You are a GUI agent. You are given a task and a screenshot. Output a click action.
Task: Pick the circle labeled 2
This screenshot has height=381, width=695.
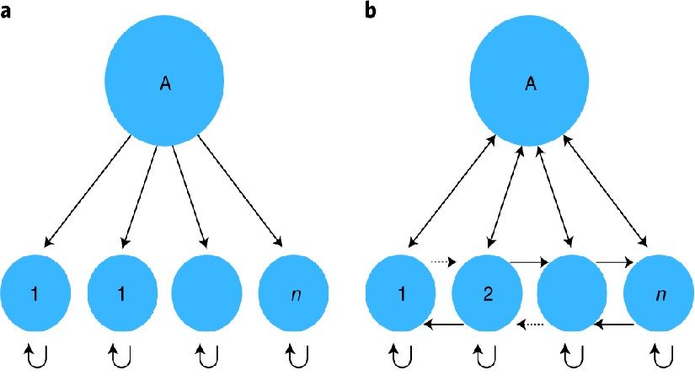pyautogui.click(x=486, y=294)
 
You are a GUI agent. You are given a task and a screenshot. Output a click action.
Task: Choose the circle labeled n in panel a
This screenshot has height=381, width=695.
pyautogui.click(x=294, y=294)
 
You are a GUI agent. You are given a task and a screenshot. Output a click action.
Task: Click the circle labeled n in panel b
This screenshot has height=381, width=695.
pyautogui.click(x=659, y=294)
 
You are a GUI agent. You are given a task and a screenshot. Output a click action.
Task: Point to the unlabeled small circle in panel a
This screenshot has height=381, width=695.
pyautogui.click(x=206, y=294)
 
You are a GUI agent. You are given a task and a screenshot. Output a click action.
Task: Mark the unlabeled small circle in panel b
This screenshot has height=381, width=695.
pyautogui.click(x=572, y=294)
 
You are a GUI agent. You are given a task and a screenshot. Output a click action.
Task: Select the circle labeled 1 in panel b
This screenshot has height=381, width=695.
pyautogui.click(x=399, y=294)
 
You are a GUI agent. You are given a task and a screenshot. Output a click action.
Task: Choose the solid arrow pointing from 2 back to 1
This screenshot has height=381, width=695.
pyautogui.click(x=443, y=324)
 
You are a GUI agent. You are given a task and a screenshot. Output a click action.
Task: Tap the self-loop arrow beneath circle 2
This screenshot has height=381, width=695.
pyautogui.click(x=486, y=358)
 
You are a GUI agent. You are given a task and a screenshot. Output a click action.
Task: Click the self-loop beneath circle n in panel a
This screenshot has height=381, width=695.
pyautogui.click(x=295, y=358)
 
